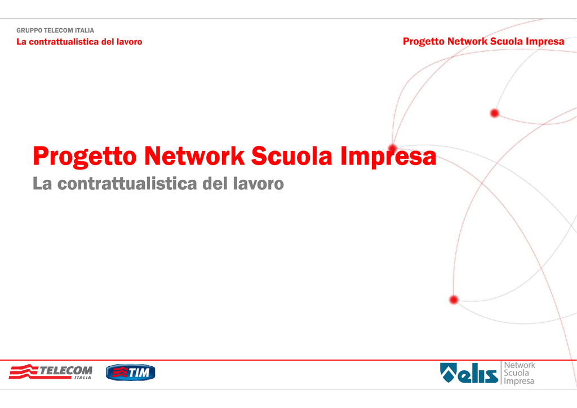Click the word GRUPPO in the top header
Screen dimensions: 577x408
(29, 30)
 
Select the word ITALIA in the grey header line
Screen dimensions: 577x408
(85, 30)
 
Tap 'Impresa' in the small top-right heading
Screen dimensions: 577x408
(545, 42)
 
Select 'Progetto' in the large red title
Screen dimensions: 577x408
(85, 157)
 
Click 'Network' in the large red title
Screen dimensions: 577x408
(194, 156)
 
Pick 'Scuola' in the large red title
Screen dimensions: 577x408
(292, 156)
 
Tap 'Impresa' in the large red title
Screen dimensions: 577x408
(388, 157)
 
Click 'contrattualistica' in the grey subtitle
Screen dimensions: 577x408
(127, 184)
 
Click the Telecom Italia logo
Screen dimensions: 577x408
(50, 372)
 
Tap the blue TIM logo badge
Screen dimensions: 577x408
(131, 372)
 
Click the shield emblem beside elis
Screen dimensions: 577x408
(449, 372)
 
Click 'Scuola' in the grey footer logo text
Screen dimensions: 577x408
(516, 372)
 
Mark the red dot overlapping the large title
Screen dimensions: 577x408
(393, 148)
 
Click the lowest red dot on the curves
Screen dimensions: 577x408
(454, 300)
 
